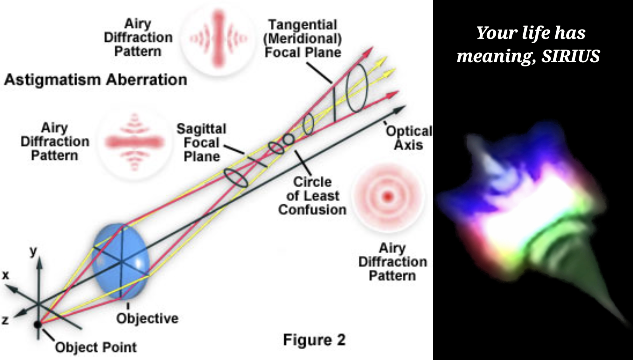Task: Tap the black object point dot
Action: (x=38, y=324)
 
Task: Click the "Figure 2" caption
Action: (x=314, y=340)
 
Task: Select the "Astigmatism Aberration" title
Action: (x=95, y=80)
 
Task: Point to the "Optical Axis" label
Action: (x=409, y=138)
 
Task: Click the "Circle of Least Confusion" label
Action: (x=312, y=196)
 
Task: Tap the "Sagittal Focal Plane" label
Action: (x=202, y=143)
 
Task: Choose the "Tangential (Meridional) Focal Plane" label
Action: (x=303, y=38)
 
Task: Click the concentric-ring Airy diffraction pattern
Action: (x=388, y=197)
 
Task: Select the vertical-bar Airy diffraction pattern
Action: (x=218, y=38)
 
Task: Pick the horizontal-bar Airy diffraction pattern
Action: (x=135, y=142)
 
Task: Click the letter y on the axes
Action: (x=33, y=251)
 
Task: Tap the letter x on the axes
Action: (x=5, y=275)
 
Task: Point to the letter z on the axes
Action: (x=5, y=320)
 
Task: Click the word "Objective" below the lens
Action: (x=147, y=318)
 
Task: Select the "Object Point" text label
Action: (x=96, y=347)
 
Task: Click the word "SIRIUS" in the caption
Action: (x=571, y=56)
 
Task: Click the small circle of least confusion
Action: (x=289, y=139)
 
